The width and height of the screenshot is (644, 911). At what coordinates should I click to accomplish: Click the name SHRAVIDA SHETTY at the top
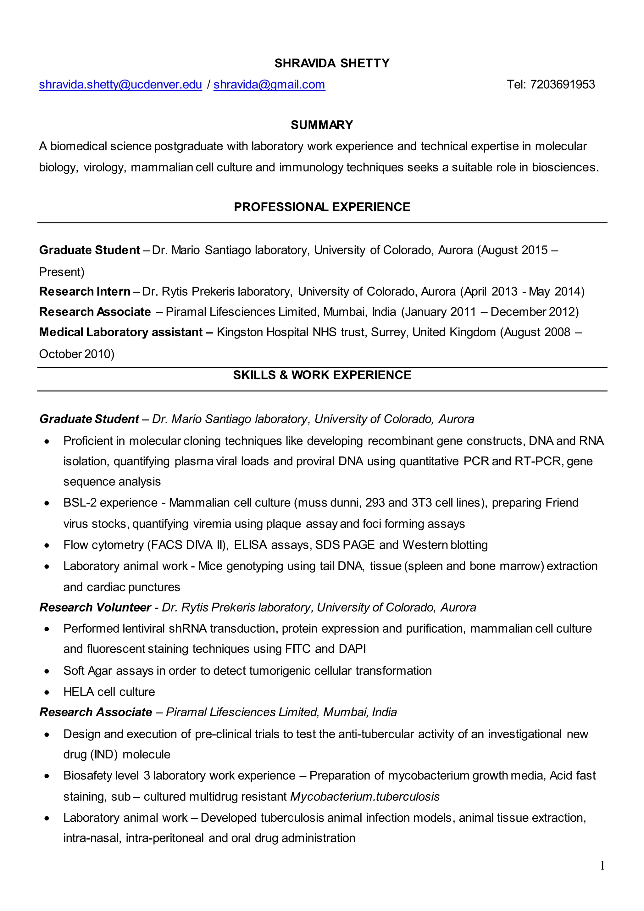pyautogui.click(x=332, y=63)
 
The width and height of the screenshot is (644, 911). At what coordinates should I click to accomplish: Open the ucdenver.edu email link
pyautogui.click(x=120, y=85)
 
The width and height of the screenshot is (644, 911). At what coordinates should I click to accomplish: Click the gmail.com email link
pyautogui.click(x=269, y=85)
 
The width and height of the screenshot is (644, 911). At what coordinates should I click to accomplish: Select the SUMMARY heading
pyautogui.click(x=322, y=125)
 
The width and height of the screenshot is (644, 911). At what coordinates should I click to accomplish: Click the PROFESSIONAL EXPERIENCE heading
pyautogui.click(x=322, y=207)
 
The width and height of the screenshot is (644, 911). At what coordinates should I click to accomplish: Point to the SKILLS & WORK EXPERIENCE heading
pyautogui.click(x=322, y=375)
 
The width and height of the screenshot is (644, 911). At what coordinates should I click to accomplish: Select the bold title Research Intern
pyautogui.click(x=85, y=292)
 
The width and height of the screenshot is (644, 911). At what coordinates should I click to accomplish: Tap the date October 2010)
pyautogui.click(x=76, y=354)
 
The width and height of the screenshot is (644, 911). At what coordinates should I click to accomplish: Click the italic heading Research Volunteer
pyautogui.click(x=95, y=607)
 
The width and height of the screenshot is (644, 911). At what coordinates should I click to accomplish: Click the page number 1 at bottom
pyautogui.click(x=602, y=866)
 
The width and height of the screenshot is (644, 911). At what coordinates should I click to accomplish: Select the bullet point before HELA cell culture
pyautogui.click(x=47, y=692)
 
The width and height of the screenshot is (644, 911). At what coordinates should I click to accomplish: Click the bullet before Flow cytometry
pyautogui.click(x=47, y=545)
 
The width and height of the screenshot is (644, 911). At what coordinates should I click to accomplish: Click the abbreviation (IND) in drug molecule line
pyautogui.click(x=104, y=755)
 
